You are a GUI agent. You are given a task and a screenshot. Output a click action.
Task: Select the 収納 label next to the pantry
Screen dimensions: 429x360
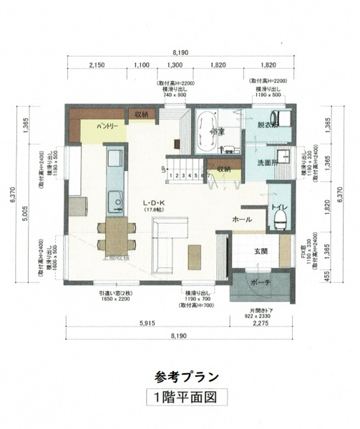click(140, 114)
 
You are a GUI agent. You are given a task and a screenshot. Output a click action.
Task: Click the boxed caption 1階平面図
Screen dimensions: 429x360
click(180, 397)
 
